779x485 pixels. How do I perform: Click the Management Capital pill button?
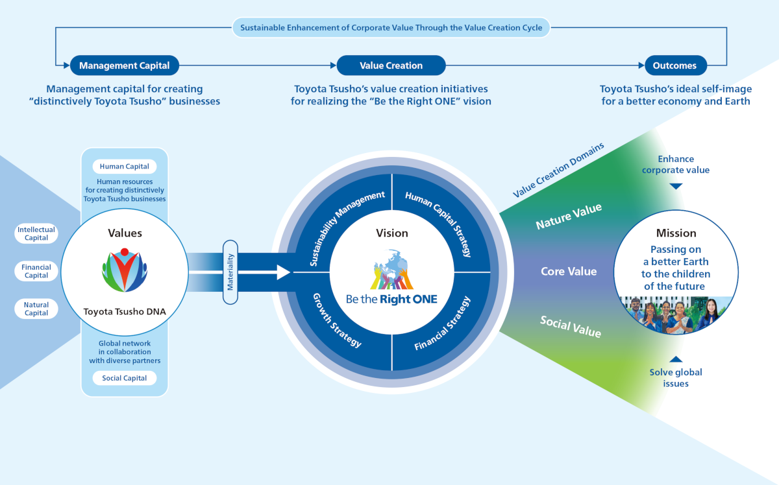point(124,65)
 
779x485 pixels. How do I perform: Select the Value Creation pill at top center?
point(391,65)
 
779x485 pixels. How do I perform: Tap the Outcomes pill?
point(675,65)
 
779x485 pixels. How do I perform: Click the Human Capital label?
point(125,167)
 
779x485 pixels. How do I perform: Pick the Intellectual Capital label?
point(36,233)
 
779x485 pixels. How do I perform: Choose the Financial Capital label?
point(36,271)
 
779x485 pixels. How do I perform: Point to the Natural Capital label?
point(36,309)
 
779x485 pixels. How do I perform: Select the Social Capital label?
point(125,378)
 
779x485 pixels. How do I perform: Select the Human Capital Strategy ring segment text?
point(438,222)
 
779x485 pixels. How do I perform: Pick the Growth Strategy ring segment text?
point(337,320)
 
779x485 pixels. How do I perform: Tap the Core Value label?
point(569,271)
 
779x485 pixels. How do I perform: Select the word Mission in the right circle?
point(676,233)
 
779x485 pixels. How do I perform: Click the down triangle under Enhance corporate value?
point(676,186)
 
